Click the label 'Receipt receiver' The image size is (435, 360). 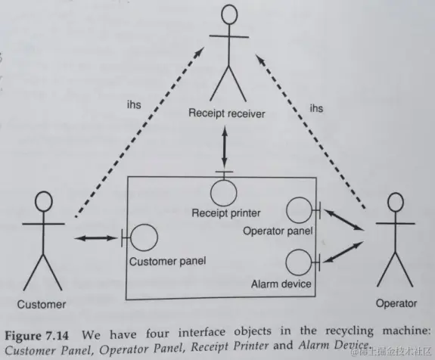[227, 113]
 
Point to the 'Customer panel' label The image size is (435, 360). [167, 261]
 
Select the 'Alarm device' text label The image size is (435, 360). [281, 284]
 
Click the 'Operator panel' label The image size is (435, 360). [278, 231]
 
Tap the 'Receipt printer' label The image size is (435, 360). [226, 213]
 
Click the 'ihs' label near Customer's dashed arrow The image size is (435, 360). [134, 105]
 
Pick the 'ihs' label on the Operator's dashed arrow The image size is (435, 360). [316, 108]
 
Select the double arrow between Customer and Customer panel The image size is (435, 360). [96, 238]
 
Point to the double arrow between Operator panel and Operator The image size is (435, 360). [343, 219]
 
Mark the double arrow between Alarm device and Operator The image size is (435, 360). [343, 252]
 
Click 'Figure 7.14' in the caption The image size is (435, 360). [36, 336]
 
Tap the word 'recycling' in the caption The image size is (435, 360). [350, 331]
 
